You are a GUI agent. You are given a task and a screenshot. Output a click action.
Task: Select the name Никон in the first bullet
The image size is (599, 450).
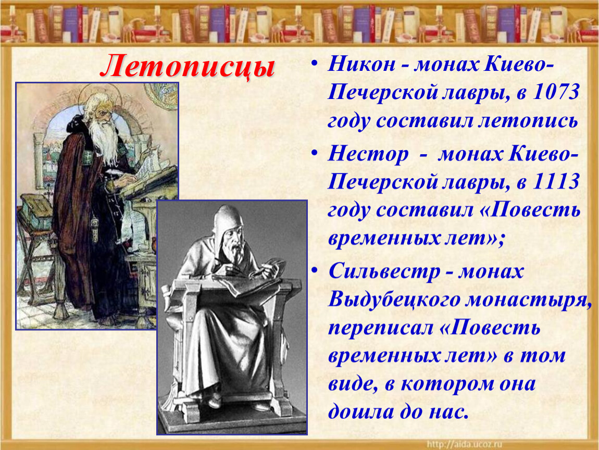(361, 64)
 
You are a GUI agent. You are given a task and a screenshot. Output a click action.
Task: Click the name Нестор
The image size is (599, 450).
(368, 154)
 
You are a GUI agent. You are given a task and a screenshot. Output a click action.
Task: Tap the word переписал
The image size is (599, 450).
(380, 329)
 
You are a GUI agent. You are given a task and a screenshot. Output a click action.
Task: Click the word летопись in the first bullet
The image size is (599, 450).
(528, 121)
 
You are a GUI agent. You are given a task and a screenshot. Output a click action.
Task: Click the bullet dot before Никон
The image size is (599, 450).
(314, 63)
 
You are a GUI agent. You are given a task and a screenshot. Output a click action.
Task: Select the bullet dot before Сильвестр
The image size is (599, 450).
(314, 270)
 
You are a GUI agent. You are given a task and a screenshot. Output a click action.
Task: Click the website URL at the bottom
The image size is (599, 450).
(464, 444)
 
